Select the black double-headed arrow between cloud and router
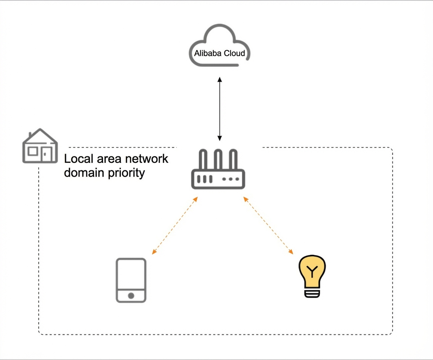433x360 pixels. point(220,109)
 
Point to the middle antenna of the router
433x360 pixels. point(218,160)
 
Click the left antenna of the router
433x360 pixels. point(203,160)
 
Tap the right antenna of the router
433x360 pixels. point(233,160)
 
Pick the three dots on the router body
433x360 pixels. point(231,179)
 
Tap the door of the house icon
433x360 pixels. point(47,154)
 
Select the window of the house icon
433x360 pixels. point(33,151)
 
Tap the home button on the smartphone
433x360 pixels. point(131,296)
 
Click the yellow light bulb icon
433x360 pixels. point(312,276)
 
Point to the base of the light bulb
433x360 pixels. point(312,293)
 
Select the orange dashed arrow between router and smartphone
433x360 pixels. point(175,225)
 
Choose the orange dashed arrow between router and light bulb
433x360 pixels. point(268,225)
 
